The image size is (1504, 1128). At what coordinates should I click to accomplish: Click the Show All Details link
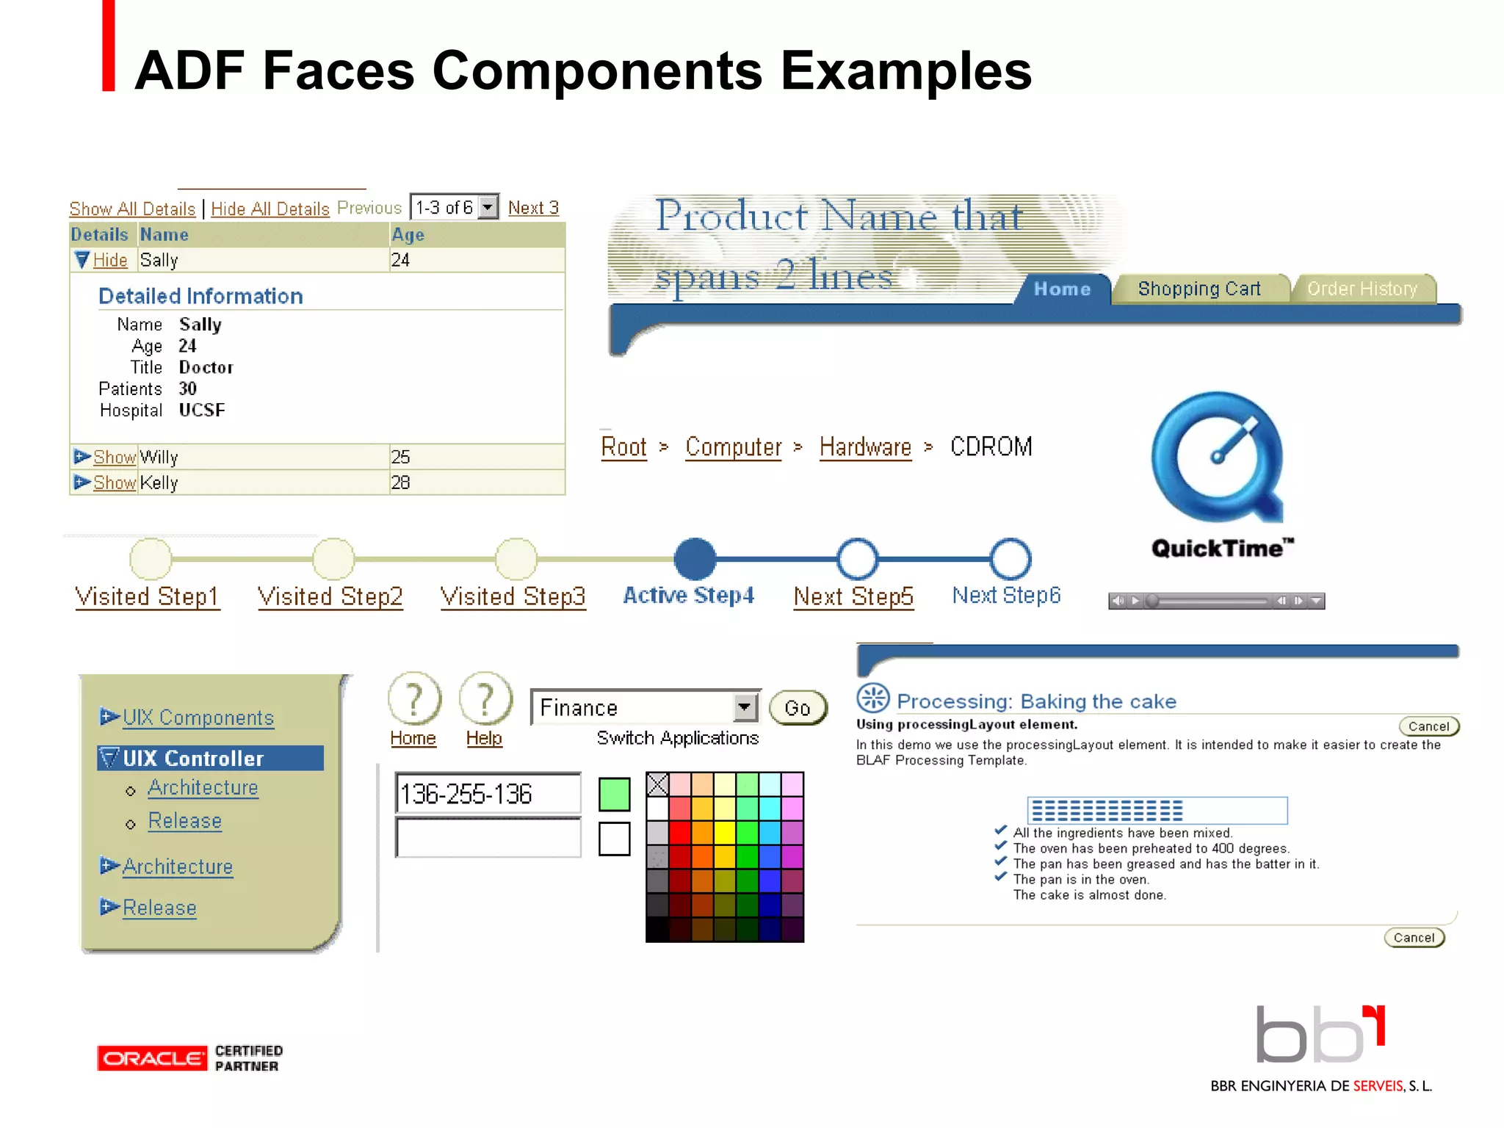(x=132, y=209)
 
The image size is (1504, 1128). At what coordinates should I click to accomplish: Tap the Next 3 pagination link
(x=533, y=209)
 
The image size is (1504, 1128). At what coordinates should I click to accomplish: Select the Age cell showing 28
(x=401, y=482)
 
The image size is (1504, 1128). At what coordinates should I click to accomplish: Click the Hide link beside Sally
(x=110, y=261)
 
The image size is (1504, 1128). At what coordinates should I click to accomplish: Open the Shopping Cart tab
(x=1198, y=289)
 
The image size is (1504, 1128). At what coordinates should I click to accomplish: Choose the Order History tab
(x=1362, y=289)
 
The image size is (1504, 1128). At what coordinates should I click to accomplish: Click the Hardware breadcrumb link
(x=865, y=446)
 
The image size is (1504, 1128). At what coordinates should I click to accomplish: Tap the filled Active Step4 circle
(x=695, y=559)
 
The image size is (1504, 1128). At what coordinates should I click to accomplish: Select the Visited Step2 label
(x=330, y=596)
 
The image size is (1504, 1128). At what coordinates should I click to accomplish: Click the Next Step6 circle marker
(x=1010, y=559)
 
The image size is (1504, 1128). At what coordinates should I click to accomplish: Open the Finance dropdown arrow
(x=745, y=707)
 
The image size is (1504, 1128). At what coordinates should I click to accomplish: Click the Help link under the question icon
(x=484, y=738)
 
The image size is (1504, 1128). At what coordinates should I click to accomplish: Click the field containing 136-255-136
(x=488, y=794)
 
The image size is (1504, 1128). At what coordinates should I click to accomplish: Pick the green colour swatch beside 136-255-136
(x=614, y=795)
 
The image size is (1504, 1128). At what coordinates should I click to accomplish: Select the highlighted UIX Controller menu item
(x=210, y=758)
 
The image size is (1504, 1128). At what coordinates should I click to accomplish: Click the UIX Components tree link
(x=198, y=717)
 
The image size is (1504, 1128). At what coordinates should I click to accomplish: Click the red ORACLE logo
(x=151, y=1058)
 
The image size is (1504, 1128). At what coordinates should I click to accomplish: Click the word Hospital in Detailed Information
(x=131, y=411)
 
